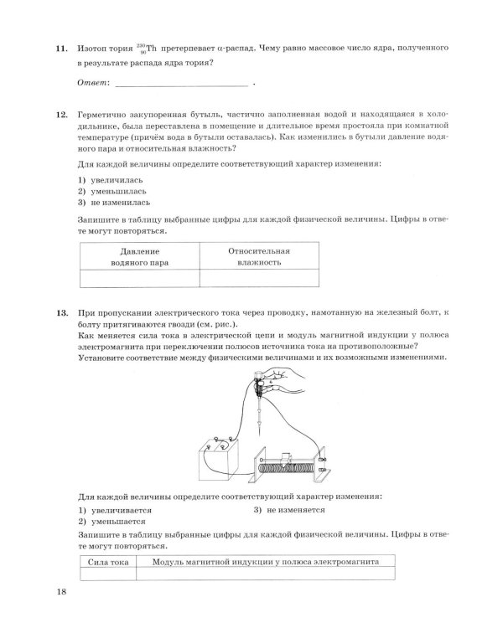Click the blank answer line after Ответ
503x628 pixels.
pyautogui.click(x=180, y=84)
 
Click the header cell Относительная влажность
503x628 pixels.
pyautogui.click(x=259, y=257)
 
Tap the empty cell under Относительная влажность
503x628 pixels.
pyautogui.click(x=259, y=279)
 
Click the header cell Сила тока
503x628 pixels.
pyautogui.click(x=108, y=563)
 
